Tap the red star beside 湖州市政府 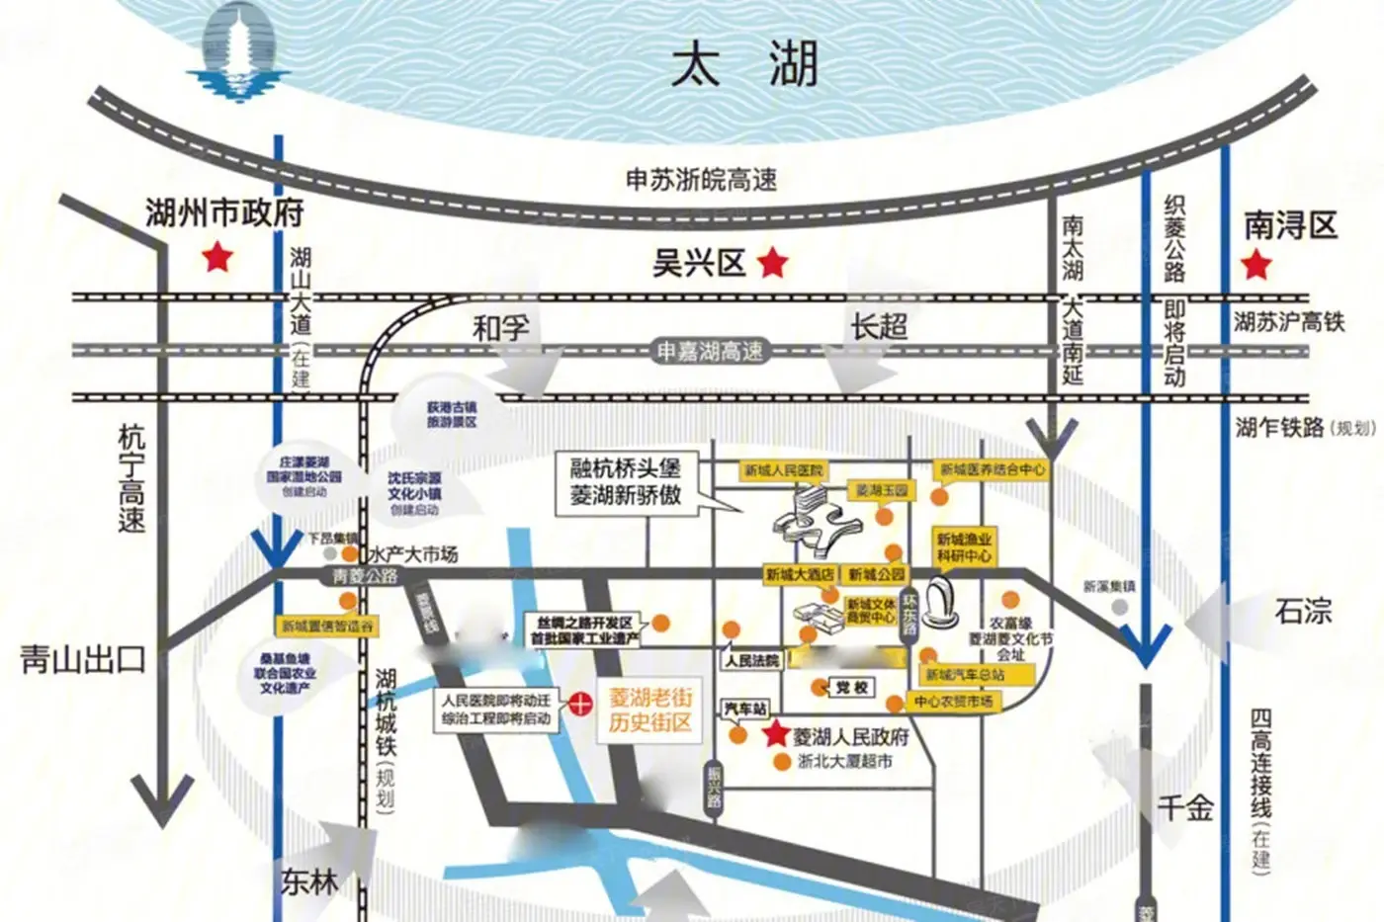pyautogui.click(x=217, y=259)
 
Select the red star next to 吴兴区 pyautogui.click(x=773, y=263)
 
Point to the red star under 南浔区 pyautogui.click(x=1255, y=265)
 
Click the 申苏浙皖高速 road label pyautogui.click(x=701, y=180)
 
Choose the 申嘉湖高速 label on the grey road pyautogui.click(x=710, y=352)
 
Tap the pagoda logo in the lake pyautogui.click(x=238, y=54)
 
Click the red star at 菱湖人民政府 pyautogui.click(x=775, y=734)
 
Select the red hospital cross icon pyautogui.click(x=579, y=705)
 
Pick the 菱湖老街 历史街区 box pyautogui.click(x=649, y=710)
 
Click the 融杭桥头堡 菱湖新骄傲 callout pyautogui.click(x=625, y=481)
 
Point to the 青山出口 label pyautogui.click(x=83, y=659)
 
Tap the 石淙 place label pyautogui.click(x=1303, y=612)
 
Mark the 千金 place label pyautogui.click(x=1185, y=808)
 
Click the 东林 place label pyautogui.click(x=309, y=881)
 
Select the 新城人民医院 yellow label pyautogui.click(x=784, y=471)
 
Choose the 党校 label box pyautogui.click(x=850, y=687)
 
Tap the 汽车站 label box pyautogui.click(x=744, y=709)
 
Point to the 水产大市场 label pyautogui.click(x=412, y=555)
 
